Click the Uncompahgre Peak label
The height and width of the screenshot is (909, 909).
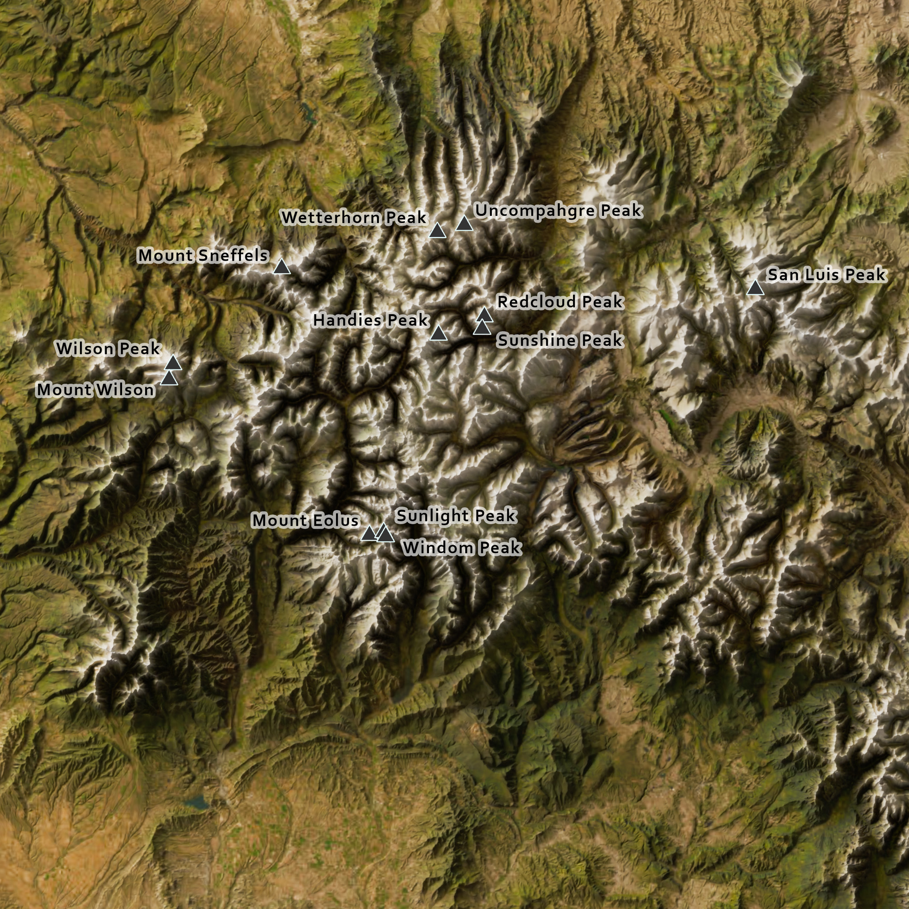pos(558,210)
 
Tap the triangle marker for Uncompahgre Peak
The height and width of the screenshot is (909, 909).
pos(464,224)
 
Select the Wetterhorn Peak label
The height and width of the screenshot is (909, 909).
pos(354,217)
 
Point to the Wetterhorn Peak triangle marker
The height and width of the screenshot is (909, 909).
pos(438,231)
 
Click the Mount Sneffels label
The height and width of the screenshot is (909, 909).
pos(203,256)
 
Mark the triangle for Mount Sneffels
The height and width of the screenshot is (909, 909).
pos(282,267)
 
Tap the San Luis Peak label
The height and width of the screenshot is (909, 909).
pos(826,274)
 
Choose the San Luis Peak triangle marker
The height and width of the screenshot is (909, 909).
pos(755,288)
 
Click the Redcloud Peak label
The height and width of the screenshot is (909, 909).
pos(560,301)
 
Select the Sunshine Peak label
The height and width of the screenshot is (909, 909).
pos(560,340)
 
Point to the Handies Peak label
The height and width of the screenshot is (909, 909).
pos(371,320)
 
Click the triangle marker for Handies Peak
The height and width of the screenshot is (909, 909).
pos(439,334)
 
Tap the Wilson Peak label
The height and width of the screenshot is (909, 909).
pos(108,348)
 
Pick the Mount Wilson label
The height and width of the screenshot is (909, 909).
pos(95,390)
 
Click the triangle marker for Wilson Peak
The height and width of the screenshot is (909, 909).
pos(173,363)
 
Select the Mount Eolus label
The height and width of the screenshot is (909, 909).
pos(306,520)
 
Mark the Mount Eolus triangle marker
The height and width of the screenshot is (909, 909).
pos(369,534)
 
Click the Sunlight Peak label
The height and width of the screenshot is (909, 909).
pos(456,516)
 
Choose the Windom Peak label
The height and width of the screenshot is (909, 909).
pos(462,548)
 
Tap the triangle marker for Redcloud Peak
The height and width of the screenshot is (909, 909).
pos(485,315)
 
